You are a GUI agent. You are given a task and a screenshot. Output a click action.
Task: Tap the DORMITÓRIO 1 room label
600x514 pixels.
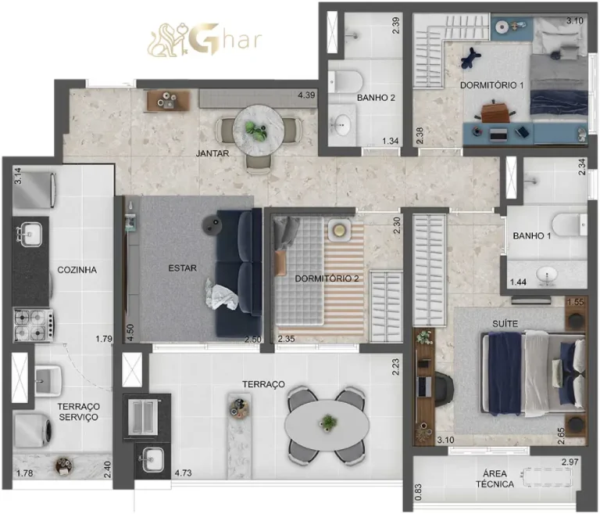[x=491, y=84]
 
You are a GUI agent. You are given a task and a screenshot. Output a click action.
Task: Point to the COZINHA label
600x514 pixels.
[x=77, y=270]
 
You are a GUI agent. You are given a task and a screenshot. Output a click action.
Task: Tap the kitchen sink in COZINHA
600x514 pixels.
[x=31, y=232]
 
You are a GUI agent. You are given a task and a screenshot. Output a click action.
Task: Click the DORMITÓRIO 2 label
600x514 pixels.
[x=327, y=279]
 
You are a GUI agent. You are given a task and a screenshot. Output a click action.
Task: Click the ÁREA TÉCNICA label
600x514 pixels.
[x=498, y=478]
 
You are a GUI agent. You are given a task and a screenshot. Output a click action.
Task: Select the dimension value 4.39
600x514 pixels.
[x=305, y=95]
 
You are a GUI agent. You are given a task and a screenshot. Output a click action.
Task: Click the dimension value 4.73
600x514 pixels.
[x=184, y=473]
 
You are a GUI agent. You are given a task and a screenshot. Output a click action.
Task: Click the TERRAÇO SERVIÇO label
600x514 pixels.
[x=77, y=412]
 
